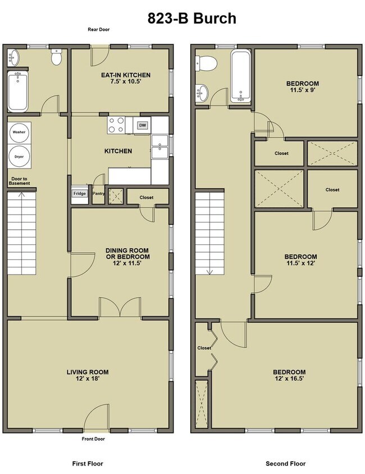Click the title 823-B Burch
(192, 19)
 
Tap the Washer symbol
(20, 132)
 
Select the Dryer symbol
(20, 156)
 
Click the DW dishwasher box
(143, 125)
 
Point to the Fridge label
(79, 194)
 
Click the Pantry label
(98, 194)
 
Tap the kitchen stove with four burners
(117, 124)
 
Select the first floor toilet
(56, 57)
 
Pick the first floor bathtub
(17, 91)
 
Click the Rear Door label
(99, 30)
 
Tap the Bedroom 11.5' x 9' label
(305, 83)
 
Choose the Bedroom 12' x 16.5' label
(289, 376)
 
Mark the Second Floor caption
(285, 464)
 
